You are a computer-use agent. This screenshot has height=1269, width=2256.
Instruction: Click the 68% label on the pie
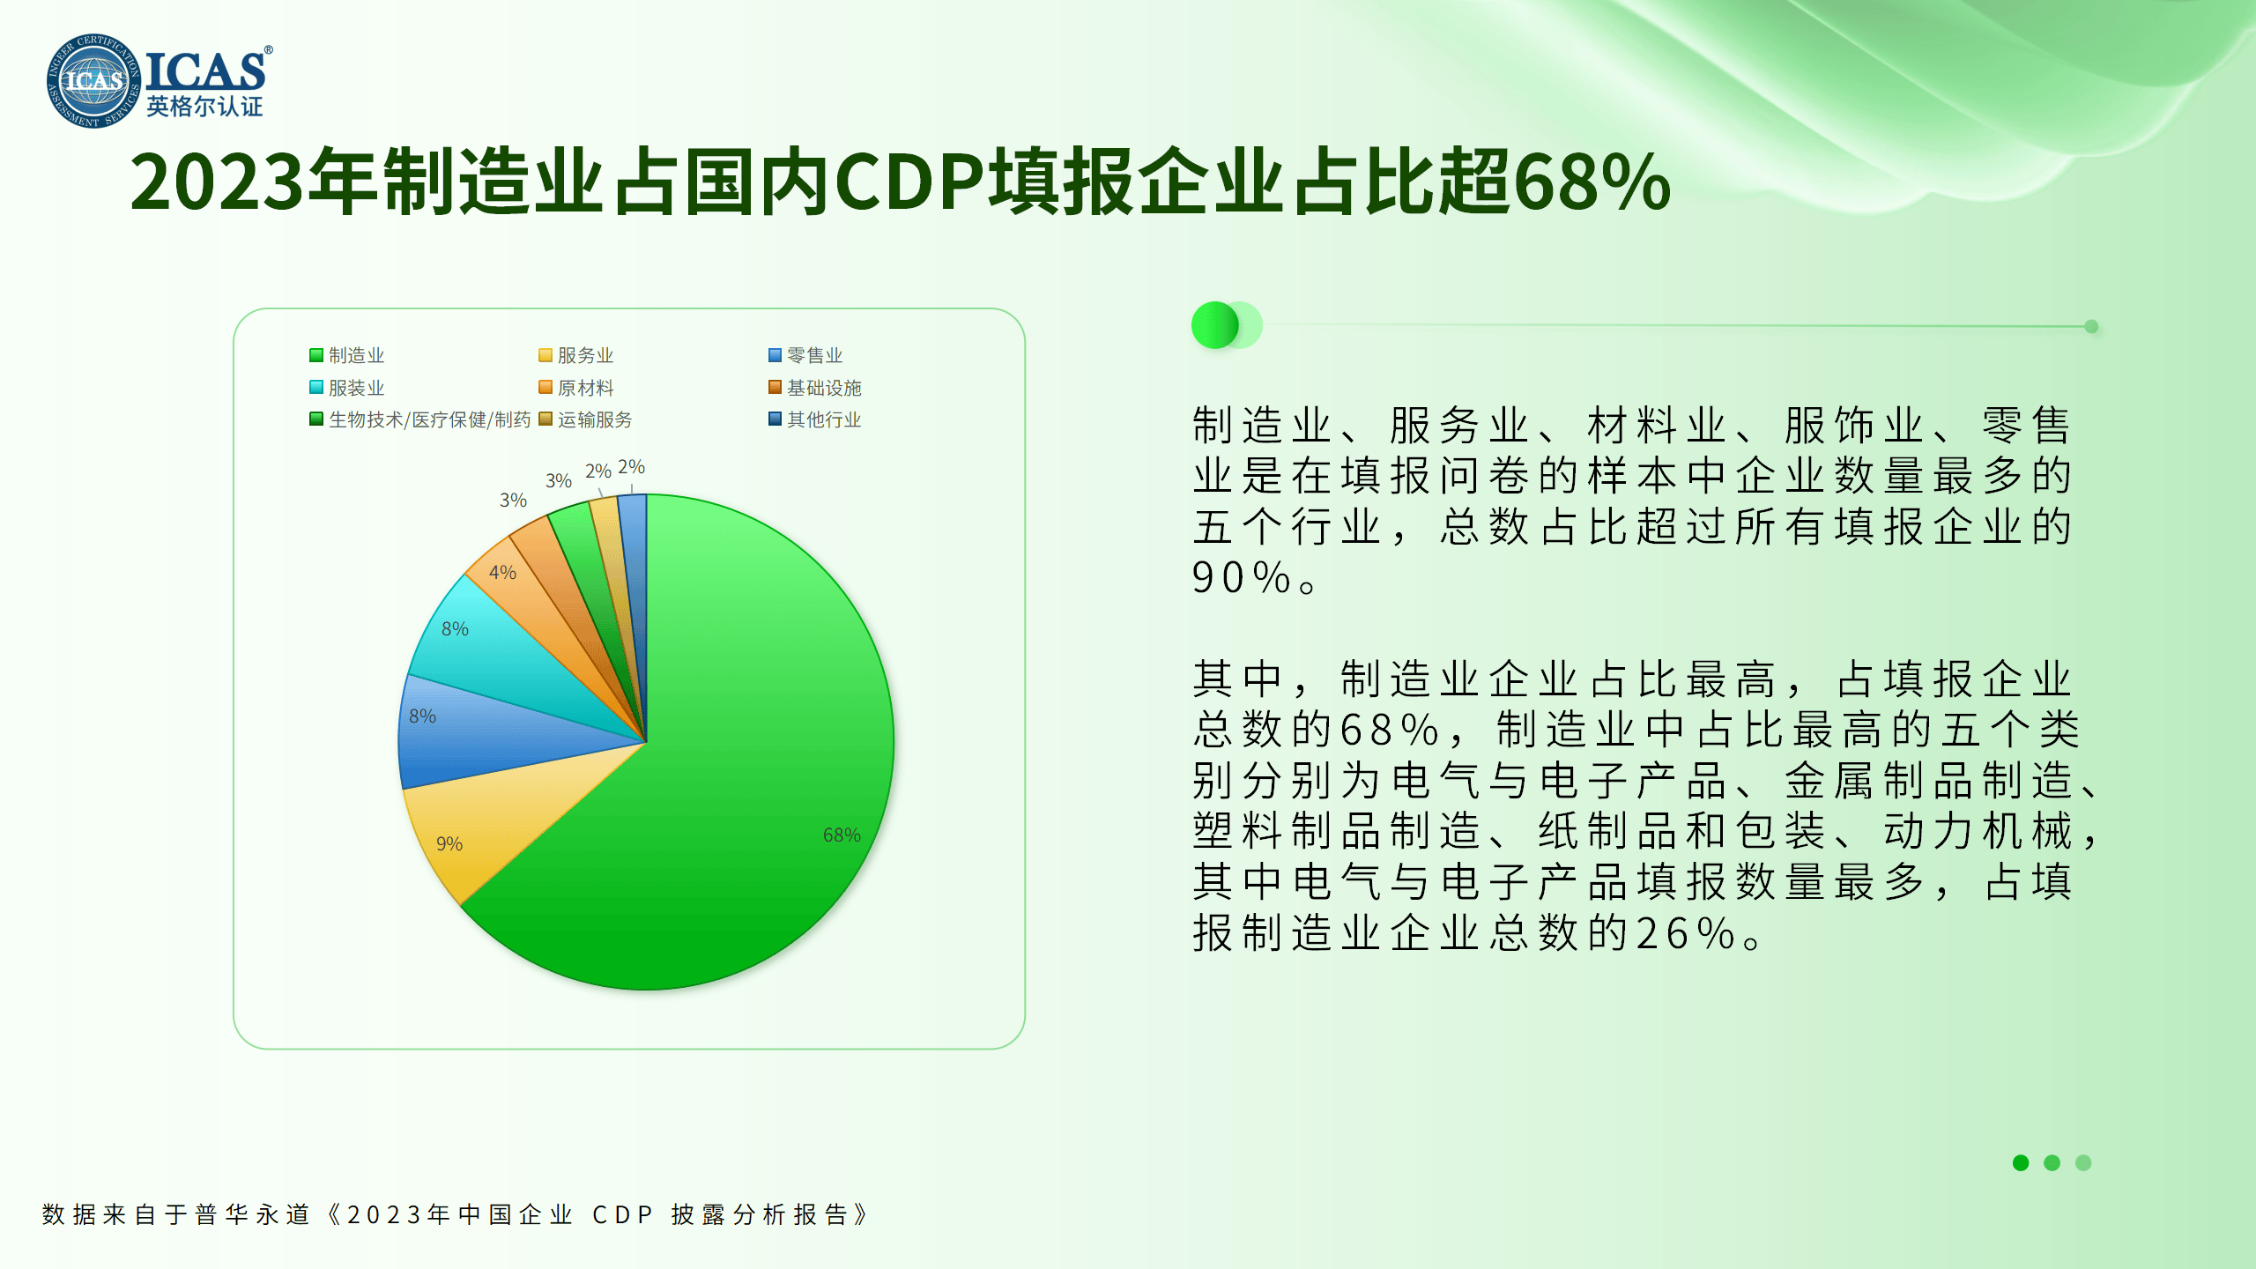click(842, 835)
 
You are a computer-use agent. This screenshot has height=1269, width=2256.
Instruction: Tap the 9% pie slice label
click(449, 843)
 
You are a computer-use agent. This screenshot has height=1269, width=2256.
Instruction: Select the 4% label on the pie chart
click(502, 572)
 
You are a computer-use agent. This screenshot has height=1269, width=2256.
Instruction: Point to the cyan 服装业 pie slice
click(493, 652)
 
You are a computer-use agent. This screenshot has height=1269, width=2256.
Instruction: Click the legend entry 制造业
click(347, 355)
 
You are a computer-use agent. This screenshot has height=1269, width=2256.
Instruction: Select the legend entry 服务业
click(576, 355)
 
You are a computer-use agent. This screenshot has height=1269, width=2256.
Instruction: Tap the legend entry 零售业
click(805, 355)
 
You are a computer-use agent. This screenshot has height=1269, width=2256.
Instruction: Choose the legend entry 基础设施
click(815, 388)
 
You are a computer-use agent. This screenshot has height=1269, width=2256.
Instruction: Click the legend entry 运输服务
click(586, 419)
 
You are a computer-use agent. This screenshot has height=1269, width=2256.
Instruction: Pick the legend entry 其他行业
click(815, 419)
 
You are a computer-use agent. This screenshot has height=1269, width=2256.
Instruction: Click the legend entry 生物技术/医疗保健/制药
click(420, 419)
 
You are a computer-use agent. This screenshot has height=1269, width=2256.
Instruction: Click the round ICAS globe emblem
click(93, 81)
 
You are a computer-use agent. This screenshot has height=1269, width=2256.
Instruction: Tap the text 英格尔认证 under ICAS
click(204, 107)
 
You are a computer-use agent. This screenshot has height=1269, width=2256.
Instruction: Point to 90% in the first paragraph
click(1243, 578)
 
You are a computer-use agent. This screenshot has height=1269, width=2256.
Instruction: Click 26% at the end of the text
click(1687, 933)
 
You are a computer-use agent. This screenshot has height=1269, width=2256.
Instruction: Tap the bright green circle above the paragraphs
click(1215, 325)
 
